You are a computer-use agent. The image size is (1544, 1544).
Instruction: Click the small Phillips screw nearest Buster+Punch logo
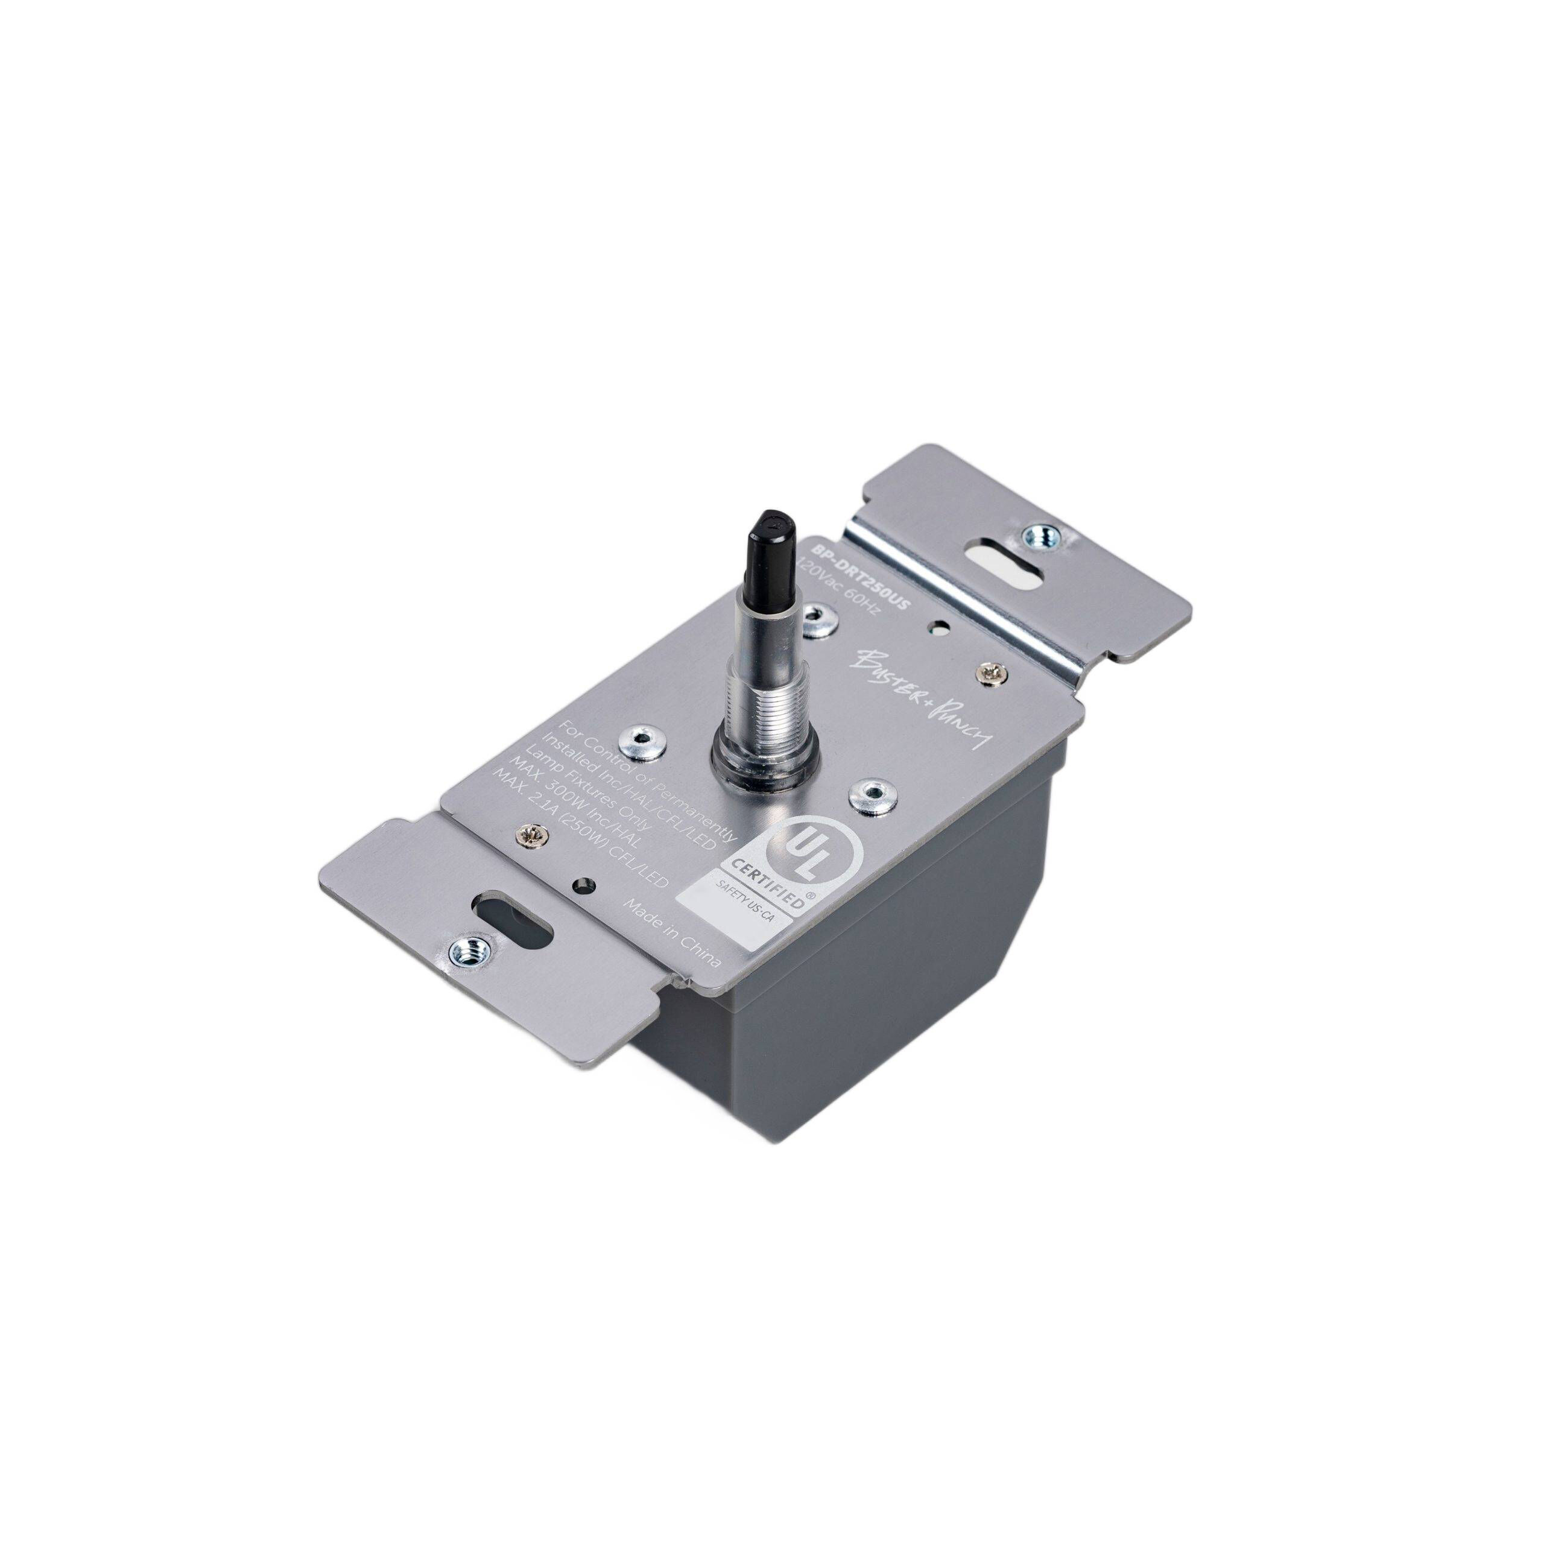(988, 652)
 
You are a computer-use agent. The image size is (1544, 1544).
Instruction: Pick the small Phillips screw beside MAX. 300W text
(530, 835)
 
